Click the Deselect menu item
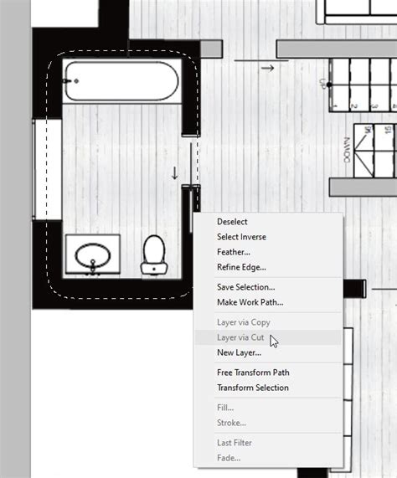[232, 222]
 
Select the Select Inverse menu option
[241, 237]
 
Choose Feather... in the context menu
[233, 252]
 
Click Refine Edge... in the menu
[241, 267]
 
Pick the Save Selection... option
[245, 287]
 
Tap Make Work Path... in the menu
[250, 302]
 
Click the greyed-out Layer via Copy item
[243, 322]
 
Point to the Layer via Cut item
[240, 337]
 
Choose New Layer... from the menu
[239, 352]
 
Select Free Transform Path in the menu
[253, 373]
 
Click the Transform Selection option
[252, 388]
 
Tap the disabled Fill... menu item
[225, 408]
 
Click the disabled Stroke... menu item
[231, 423]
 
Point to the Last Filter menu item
[235, 443]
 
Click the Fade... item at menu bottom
[229, 458]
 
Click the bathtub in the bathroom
[121, 82]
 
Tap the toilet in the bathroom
[153, 254]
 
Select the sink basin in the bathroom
[92, 255]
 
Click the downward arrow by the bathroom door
[175, 173]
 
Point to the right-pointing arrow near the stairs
[267, 68]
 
